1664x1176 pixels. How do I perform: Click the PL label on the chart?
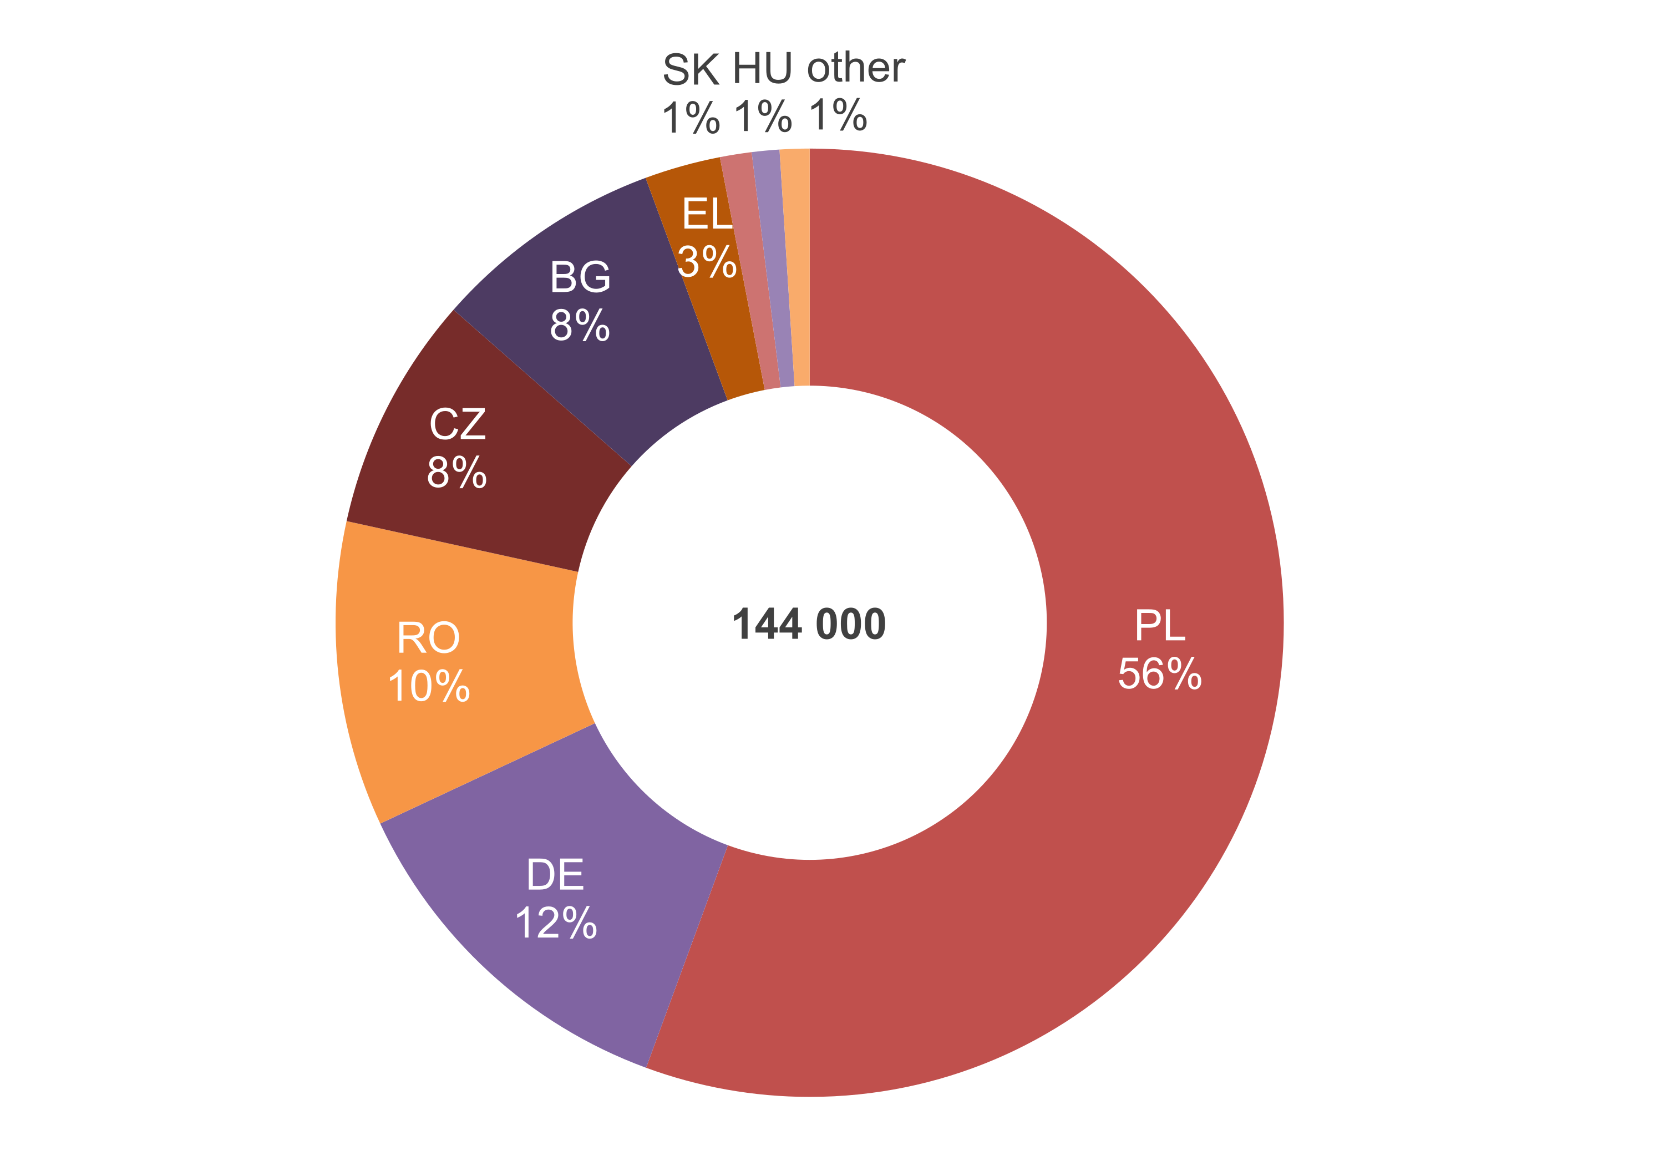click(x=1160, y=625)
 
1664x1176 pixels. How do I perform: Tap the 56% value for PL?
click(x=1160, y=675)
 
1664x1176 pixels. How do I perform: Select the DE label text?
click(x=555, y=875)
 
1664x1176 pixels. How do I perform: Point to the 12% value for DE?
click(x=555, y=923)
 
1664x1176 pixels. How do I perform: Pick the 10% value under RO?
click(x=428, y=686)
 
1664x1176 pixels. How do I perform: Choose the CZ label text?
click(x=456, y=424)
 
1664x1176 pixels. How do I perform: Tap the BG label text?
click(x=580, y=277)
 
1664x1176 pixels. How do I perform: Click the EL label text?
click(x=706, y=215)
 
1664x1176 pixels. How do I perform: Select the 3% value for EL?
click(x=707, y=262)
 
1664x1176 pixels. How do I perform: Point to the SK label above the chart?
click(x=691, y=69)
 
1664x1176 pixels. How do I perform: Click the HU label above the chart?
click(x=763, y=69)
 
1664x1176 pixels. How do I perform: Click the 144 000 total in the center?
click(x=809, y=624)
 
